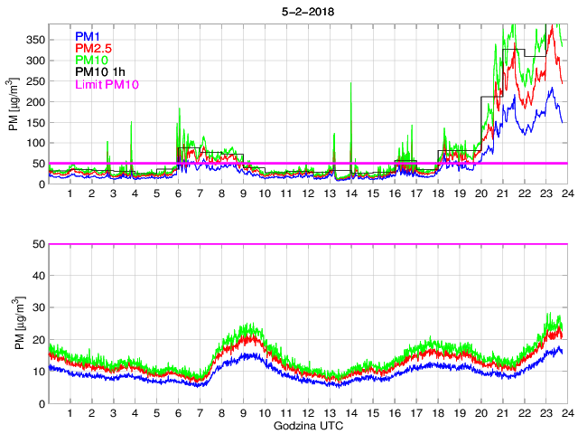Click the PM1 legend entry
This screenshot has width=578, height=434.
[88, 36]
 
